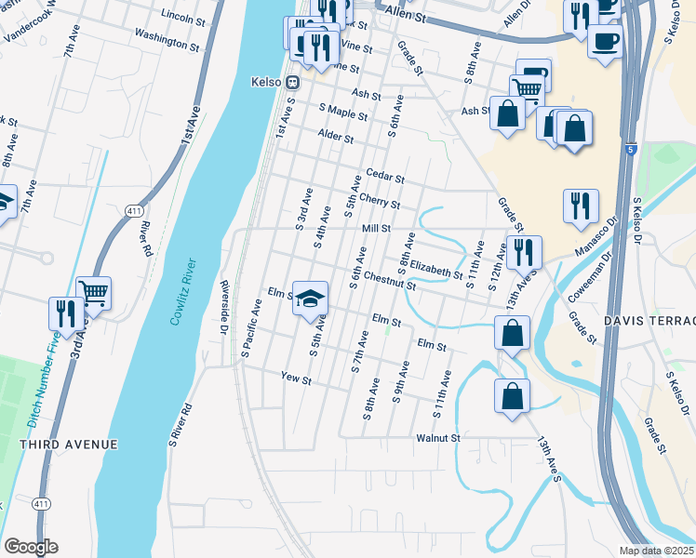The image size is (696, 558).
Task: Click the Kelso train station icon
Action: coord(291,82)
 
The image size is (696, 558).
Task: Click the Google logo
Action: coord(31,547)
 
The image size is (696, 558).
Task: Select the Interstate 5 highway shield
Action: coord(632,149)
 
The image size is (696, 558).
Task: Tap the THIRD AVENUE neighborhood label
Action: coord(69,445)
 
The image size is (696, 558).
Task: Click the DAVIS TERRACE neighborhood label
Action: coord(649,320)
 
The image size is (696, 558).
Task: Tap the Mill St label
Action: coord(375,228)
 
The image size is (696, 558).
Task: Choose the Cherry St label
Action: coord(380,202)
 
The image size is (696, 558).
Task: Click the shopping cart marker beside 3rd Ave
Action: coord(94,293)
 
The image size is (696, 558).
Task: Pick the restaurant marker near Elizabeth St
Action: coord(524,251)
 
